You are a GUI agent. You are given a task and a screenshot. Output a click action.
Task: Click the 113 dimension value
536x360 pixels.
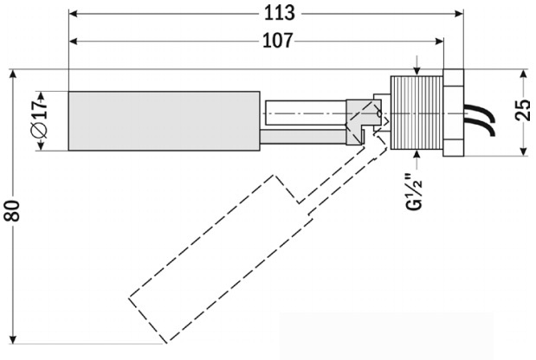click(280, 13)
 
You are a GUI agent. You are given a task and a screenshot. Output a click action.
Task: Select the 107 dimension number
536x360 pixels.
click(278, 41)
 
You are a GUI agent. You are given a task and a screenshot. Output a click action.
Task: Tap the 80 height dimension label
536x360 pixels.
click(13, 210)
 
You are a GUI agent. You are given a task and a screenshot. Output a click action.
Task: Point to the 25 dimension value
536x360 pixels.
click(523, 110)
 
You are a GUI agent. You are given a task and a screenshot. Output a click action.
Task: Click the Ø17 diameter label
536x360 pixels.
click(40, 119)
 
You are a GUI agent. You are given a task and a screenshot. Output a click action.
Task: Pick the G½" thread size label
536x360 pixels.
click(414, 192)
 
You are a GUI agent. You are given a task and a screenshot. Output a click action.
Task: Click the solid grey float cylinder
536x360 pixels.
click(164, 121)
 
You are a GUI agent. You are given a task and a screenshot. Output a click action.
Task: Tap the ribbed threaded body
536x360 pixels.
click(417, 112)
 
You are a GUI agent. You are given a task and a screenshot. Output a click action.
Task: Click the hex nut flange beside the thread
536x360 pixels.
click(453, 112)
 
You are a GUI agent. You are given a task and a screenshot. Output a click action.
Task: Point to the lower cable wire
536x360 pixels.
click(479, 125)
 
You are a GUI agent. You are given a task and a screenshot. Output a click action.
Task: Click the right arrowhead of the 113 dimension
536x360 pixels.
click(459, 14)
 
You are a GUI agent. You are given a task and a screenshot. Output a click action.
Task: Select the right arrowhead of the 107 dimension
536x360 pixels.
click(439, 42)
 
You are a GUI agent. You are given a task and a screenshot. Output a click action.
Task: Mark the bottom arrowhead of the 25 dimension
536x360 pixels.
click(523, 151)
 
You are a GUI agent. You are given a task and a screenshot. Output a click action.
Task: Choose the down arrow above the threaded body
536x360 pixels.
click(417, 71)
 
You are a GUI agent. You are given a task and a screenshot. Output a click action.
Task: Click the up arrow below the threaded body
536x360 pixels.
click(417, 154)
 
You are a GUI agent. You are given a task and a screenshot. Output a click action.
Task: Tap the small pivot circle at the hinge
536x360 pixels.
click(378, 113)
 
